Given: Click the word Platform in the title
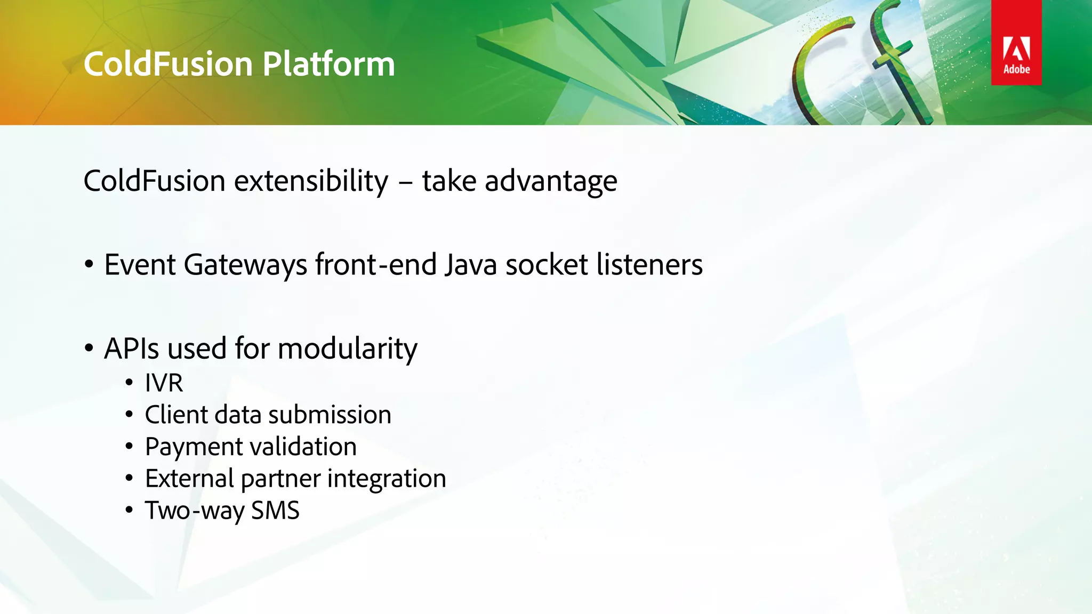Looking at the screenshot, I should (328, 64).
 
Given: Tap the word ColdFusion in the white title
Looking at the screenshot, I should (168, 64).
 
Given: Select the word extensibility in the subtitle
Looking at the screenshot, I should (311, 181).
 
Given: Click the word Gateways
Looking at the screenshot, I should (245, 265).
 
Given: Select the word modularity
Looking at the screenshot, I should (348, 350).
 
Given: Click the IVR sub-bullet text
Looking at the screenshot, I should (164, 383).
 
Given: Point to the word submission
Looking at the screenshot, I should (330, 415).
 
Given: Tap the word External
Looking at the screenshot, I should (189, 479).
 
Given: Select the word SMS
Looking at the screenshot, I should (275, 511).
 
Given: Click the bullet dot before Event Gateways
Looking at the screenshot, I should (89, 265).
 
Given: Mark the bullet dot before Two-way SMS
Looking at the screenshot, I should (129, 511).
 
